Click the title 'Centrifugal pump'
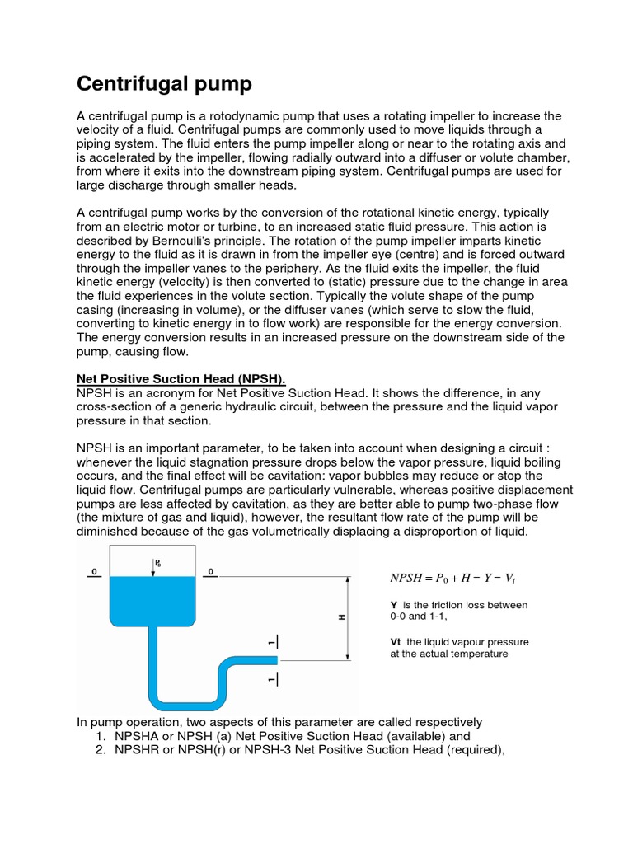point(164,84)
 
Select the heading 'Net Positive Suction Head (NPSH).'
point(181,378)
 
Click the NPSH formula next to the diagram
point(455,579)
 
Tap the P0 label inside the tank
point(157,563)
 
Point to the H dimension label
point(341,617)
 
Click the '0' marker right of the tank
point(212,570)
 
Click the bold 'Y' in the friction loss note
point(394,605)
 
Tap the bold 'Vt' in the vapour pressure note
point(396,641)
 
